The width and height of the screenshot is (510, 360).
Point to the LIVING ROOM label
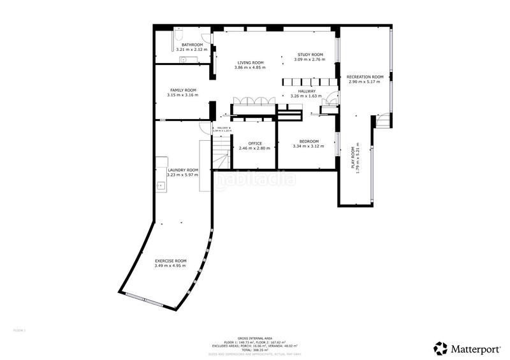pos(249,62)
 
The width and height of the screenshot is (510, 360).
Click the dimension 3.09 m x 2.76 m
pos(309,59)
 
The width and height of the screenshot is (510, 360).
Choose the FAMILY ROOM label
pos(182,90)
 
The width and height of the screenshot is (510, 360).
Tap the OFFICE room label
pos(254,143)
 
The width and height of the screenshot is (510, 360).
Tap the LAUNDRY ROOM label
pos(182,170)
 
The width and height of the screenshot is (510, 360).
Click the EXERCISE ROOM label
pos(170,261)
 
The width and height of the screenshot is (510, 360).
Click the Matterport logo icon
pos(441,348)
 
